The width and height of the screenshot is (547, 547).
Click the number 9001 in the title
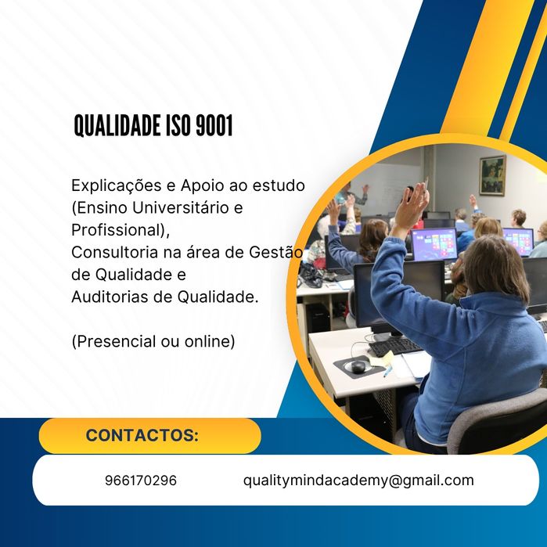tap(214, 125)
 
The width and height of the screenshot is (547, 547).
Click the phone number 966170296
tap(140, 480)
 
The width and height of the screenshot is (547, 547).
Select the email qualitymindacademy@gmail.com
tap(358, 480)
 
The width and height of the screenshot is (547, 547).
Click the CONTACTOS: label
tap(142, 436)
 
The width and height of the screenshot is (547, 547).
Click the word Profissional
tap(117, 231)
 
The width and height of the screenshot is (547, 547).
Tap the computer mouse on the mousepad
tap(358, 365)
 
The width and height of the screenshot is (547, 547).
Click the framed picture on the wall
tap(492, 175)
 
